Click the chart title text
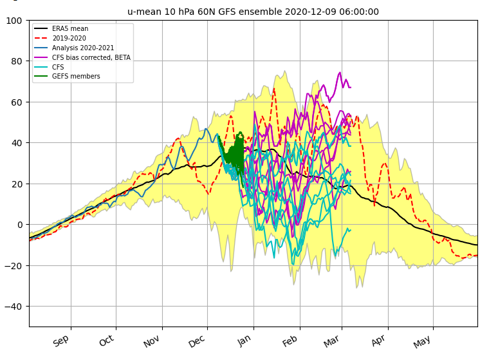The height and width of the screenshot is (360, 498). coord(253,12)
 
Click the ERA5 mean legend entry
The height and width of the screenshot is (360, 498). coord(61,28)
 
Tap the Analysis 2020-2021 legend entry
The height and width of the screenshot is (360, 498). coord(74,48)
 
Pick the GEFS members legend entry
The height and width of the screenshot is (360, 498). coord(67,76)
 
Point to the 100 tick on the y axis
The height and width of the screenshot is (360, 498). coord(14,21)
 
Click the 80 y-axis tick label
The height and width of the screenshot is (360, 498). coord(17,61)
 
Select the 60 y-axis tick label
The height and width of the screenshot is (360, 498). coord(17,102)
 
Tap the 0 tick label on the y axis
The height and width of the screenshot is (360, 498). coord(20,225)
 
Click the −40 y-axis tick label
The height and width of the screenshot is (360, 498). coord(14,307)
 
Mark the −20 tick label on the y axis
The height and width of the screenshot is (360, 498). coord(14,265)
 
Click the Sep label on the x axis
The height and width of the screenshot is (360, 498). coord(60,341)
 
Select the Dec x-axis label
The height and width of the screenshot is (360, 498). coord(197,341)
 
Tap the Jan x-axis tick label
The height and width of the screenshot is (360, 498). coord(244,341)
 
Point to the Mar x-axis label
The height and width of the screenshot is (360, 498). coord(331,341)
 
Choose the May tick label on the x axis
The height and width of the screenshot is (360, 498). coord(422,342)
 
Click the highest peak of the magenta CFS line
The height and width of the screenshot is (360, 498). coord(340,73)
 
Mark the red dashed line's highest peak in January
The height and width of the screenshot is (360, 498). coord(274,89)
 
